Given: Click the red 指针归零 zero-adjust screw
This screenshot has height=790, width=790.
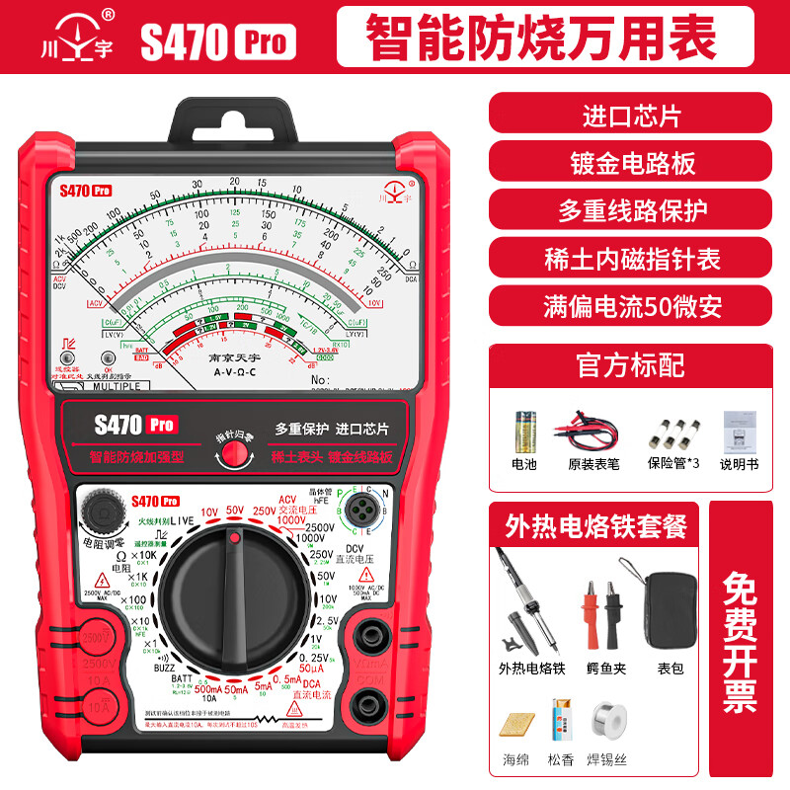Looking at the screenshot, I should (235, 452).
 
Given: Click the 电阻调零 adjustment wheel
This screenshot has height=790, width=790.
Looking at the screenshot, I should (101, 512).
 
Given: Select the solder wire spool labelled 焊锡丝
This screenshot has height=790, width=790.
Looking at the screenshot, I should (606, 719).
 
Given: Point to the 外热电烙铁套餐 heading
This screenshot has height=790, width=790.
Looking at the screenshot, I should (594, 526).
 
